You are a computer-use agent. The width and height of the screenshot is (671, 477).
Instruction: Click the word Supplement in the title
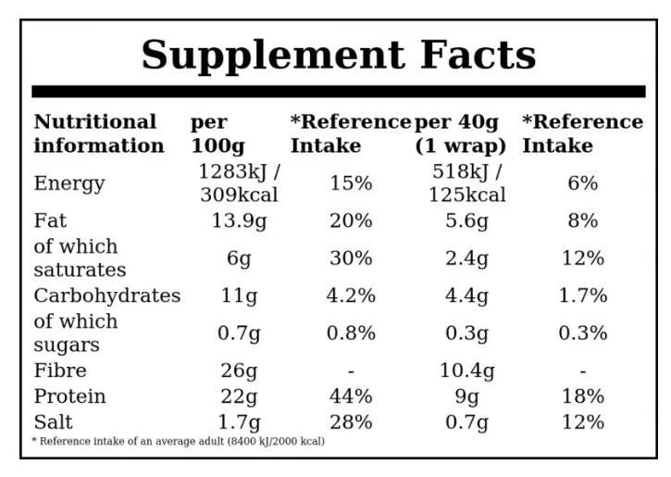273,56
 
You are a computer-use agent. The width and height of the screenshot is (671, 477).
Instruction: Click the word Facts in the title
478,55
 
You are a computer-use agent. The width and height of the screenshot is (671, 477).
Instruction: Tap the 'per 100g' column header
217,134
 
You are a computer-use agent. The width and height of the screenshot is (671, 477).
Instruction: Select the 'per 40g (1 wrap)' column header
461,134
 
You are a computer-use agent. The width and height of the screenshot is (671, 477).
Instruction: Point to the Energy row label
69,184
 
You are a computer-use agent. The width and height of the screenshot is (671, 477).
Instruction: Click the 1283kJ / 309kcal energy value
239,183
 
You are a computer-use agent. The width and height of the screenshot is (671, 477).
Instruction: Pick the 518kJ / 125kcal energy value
466,183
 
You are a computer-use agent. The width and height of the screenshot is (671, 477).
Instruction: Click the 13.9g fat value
239,221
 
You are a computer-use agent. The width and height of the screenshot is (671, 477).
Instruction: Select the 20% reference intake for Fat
351,221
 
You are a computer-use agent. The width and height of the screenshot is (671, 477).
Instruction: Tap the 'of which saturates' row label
80,258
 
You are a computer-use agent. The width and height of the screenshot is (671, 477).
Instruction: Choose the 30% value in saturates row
351,258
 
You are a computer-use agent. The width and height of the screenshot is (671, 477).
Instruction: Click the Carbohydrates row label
107,295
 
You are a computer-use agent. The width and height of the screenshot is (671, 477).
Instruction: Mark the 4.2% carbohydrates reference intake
351,295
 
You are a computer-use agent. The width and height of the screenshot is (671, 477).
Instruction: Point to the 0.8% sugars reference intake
351,333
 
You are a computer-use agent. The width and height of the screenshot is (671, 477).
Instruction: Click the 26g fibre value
239,371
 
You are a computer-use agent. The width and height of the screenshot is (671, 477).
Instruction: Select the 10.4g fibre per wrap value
466,371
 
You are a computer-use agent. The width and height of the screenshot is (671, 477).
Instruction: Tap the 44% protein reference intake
351,396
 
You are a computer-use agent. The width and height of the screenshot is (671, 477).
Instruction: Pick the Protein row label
69,396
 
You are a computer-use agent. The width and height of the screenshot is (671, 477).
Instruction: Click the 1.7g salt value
239,422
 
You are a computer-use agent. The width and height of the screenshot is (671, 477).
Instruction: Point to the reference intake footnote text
179,442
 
